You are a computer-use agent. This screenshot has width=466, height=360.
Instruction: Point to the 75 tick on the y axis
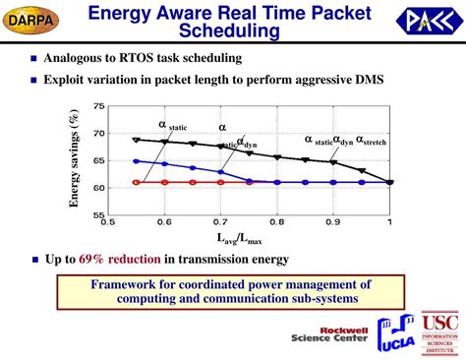pyautogui.click(x=99, y=106)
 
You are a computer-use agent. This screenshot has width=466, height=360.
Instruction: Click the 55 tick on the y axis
pyautogui.click(x=99, y=214)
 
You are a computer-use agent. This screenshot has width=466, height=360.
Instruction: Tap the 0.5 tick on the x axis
pyautogui.click(x=109, y=222)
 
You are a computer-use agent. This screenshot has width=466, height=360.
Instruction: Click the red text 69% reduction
pyautogui.click(x=111, y=260)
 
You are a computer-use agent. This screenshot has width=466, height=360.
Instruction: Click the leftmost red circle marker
pyautogui.click(x=137, y=182)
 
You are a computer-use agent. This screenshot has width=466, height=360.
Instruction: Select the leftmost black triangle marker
pyautogui.click(x=137, y=141)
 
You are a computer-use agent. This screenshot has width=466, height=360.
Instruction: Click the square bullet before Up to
pyautogui.click(x=34, y=261)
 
